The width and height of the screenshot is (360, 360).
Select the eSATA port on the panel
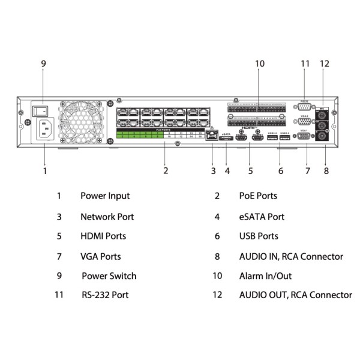pyautogui.click(x=226, y=139)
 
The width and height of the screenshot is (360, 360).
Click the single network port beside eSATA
pyautogui.click(x=211, y=136)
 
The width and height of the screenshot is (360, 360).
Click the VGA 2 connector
pyautogui.click(x=304, y=122)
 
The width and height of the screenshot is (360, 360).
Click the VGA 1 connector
pyautogui.click(x=304, y=137)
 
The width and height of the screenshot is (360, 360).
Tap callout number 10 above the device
pyautogui.click(x=259, y=64)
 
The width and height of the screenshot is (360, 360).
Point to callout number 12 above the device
pyautogui.click(x=325, y=64)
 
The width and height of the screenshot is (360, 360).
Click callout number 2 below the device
pyautogui.click(x=166, y=171)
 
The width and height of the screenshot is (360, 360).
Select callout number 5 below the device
pyautogui.click(x=250, y=171)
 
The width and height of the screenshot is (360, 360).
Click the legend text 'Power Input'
pyautogui.click(x=105, y=196)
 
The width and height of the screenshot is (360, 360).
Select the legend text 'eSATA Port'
pyautogui.click(x=262, y=217)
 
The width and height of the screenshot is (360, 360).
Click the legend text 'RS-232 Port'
pyautogui.click(x=105, y=295)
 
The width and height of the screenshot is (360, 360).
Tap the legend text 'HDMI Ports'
pyautogui.click(x=103, y=236)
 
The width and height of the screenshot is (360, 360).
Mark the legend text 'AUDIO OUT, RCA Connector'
pyautogui.click(x=295, y=295)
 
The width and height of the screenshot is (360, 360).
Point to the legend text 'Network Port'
pyautogui.click(x=107, y=217)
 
